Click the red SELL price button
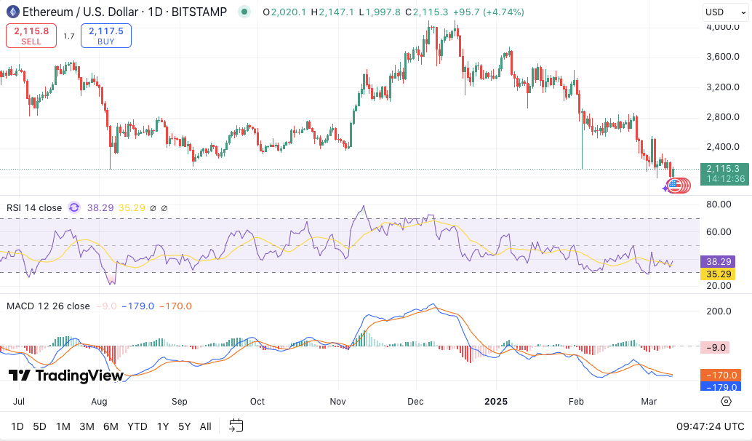(x=31, y=36)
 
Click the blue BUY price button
(x=105, y=36)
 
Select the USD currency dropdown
(x=724, y=12)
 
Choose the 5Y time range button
(x=184, y=426)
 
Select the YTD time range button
(x=137, y=426)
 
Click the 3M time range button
(x=87, y=426)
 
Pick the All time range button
(x=206, y=426)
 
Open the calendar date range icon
(x=236, y=426)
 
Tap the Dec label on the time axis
(x=416, y=401)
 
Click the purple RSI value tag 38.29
(x=716, y=261)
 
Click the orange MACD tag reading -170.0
(x=719, y=375)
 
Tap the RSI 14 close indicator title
(x=34, y=207)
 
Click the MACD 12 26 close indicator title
(x=48, y=306)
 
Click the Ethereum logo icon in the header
(x=12, y=11)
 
